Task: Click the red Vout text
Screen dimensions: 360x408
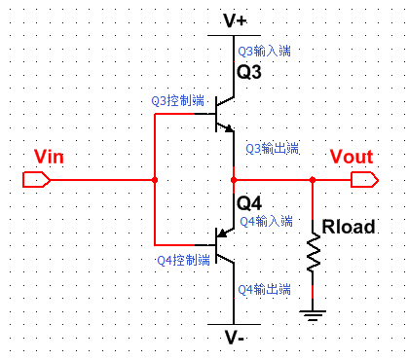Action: point(350,158)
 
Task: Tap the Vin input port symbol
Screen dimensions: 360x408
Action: point(35,180)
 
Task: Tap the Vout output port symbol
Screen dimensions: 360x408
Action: point(365,180)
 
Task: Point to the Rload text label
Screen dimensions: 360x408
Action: point(347,227)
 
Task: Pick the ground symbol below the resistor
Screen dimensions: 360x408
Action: point(313,313)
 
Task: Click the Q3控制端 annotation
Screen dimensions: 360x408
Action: point(178,100)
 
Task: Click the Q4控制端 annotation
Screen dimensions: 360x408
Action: point(183,260)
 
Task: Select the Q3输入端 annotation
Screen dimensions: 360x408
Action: point(264,50)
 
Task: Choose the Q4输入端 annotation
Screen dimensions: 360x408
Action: point(265,221)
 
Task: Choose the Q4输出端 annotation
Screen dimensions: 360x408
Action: point(264,289)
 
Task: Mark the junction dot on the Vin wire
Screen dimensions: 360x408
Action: point(155,180)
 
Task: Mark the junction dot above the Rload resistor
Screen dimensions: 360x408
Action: point(313,180)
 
